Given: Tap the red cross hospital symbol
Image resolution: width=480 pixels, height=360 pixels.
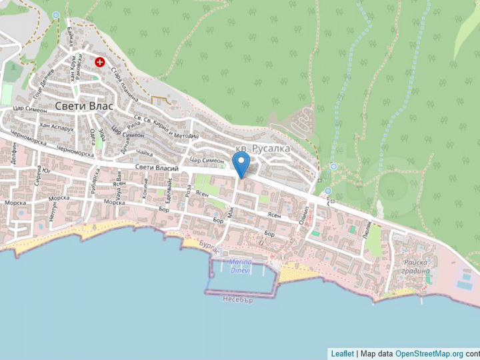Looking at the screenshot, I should point(100,62).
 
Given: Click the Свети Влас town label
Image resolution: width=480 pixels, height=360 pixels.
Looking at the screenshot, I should point(84,106).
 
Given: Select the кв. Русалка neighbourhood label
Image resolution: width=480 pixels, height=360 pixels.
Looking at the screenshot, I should point(263,149).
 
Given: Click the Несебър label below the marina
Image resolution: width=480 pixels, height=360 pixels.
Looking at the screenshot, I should point(239,300).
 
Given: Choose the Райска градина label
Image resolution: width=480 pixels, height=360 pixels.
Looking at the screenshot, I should point(415,267).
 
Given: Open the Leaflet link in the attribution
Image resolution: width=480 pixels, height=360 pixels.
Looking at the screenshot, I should point(342,353).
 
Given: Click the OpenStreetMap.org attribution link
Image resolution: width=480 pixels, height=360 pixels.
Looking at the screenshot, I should point(429,353).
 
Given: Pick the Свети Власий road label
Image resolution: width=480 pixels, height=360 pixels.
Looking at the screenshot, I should point(157,168).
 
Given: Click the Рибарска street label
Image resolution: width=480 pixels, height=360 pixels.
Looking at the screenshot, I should point(95,181).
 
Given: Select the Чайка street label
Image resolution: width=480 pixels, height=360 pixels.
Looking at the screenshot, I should point(143,152).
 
